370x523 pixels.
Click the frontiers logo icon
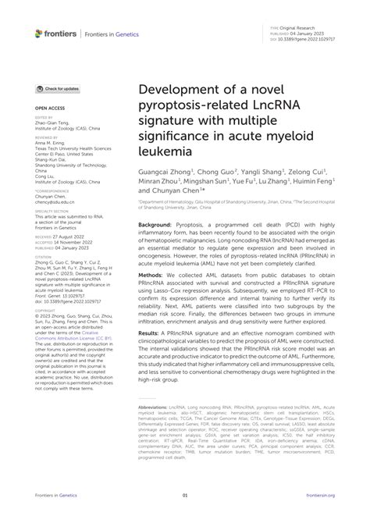point(40,34)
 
